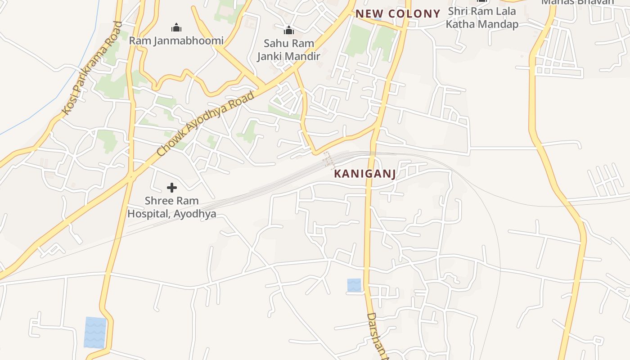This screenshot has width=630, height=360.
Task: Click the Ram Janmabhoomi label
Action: tap(176, 41)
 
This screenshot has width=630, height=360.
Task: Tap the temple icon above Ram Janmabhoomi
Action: tap(176, 27)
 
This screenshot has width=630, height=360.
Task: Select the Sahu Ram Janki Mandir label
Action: tap(288, 50)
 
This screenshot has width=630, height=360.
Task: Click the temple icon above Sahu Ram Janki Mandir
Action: tap(288, 30)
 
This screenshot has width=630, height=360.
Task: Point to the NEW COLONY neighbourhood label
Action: tap(398, 14)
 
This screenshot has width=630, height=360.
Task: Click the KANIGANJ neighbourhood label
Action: tap(365, 174)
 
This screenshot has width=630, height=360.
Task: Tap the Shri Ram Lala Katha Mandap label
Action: tap(482, 18)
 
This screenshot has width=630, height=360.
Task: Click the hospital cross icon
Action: tap(171, 188)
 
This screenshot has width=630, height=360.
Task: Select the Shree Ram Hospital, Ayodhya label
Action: tap(171, 207)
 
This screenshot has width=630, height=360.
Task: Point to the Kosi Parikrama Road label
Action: tap(91, 68)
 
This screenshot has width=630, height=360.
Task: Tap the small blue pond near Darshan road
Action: tap(354, 285)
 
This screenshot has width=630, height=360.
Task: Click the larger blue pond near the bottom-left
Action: tap(95, 333)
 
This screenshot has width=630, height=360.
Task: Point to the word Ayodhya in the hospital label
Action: tap(195, 214)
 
